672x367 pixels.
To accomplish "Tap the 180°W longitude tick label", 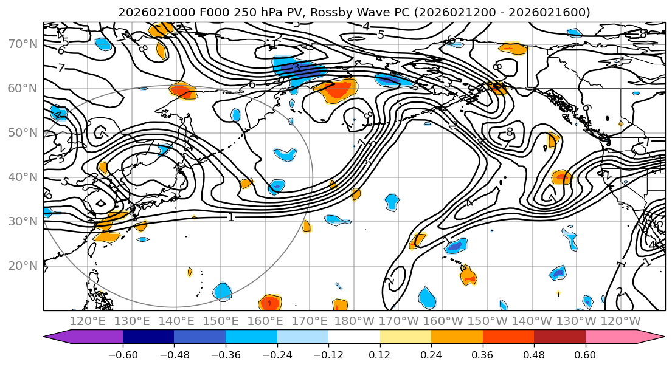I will point(355,321).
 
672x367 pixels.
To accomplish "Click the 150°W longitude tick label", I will point(488,321).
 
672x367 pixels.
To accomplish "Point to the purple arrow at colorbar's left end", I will point(58,337).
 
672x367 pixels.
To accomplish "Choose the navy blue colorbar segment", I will point(148,337).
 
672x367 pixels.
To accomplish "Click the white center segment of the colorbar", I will point(354,337).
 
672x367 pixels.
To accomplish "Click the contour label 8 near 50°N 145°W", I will point(510,132).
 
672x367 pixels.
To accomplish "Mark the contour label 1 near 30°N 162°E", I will point(231,216).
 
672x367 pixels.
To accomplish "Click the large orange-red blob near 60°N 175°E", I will point(338,90).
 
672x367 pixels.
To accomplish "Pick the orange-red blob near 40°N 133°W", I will point(561,177).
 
